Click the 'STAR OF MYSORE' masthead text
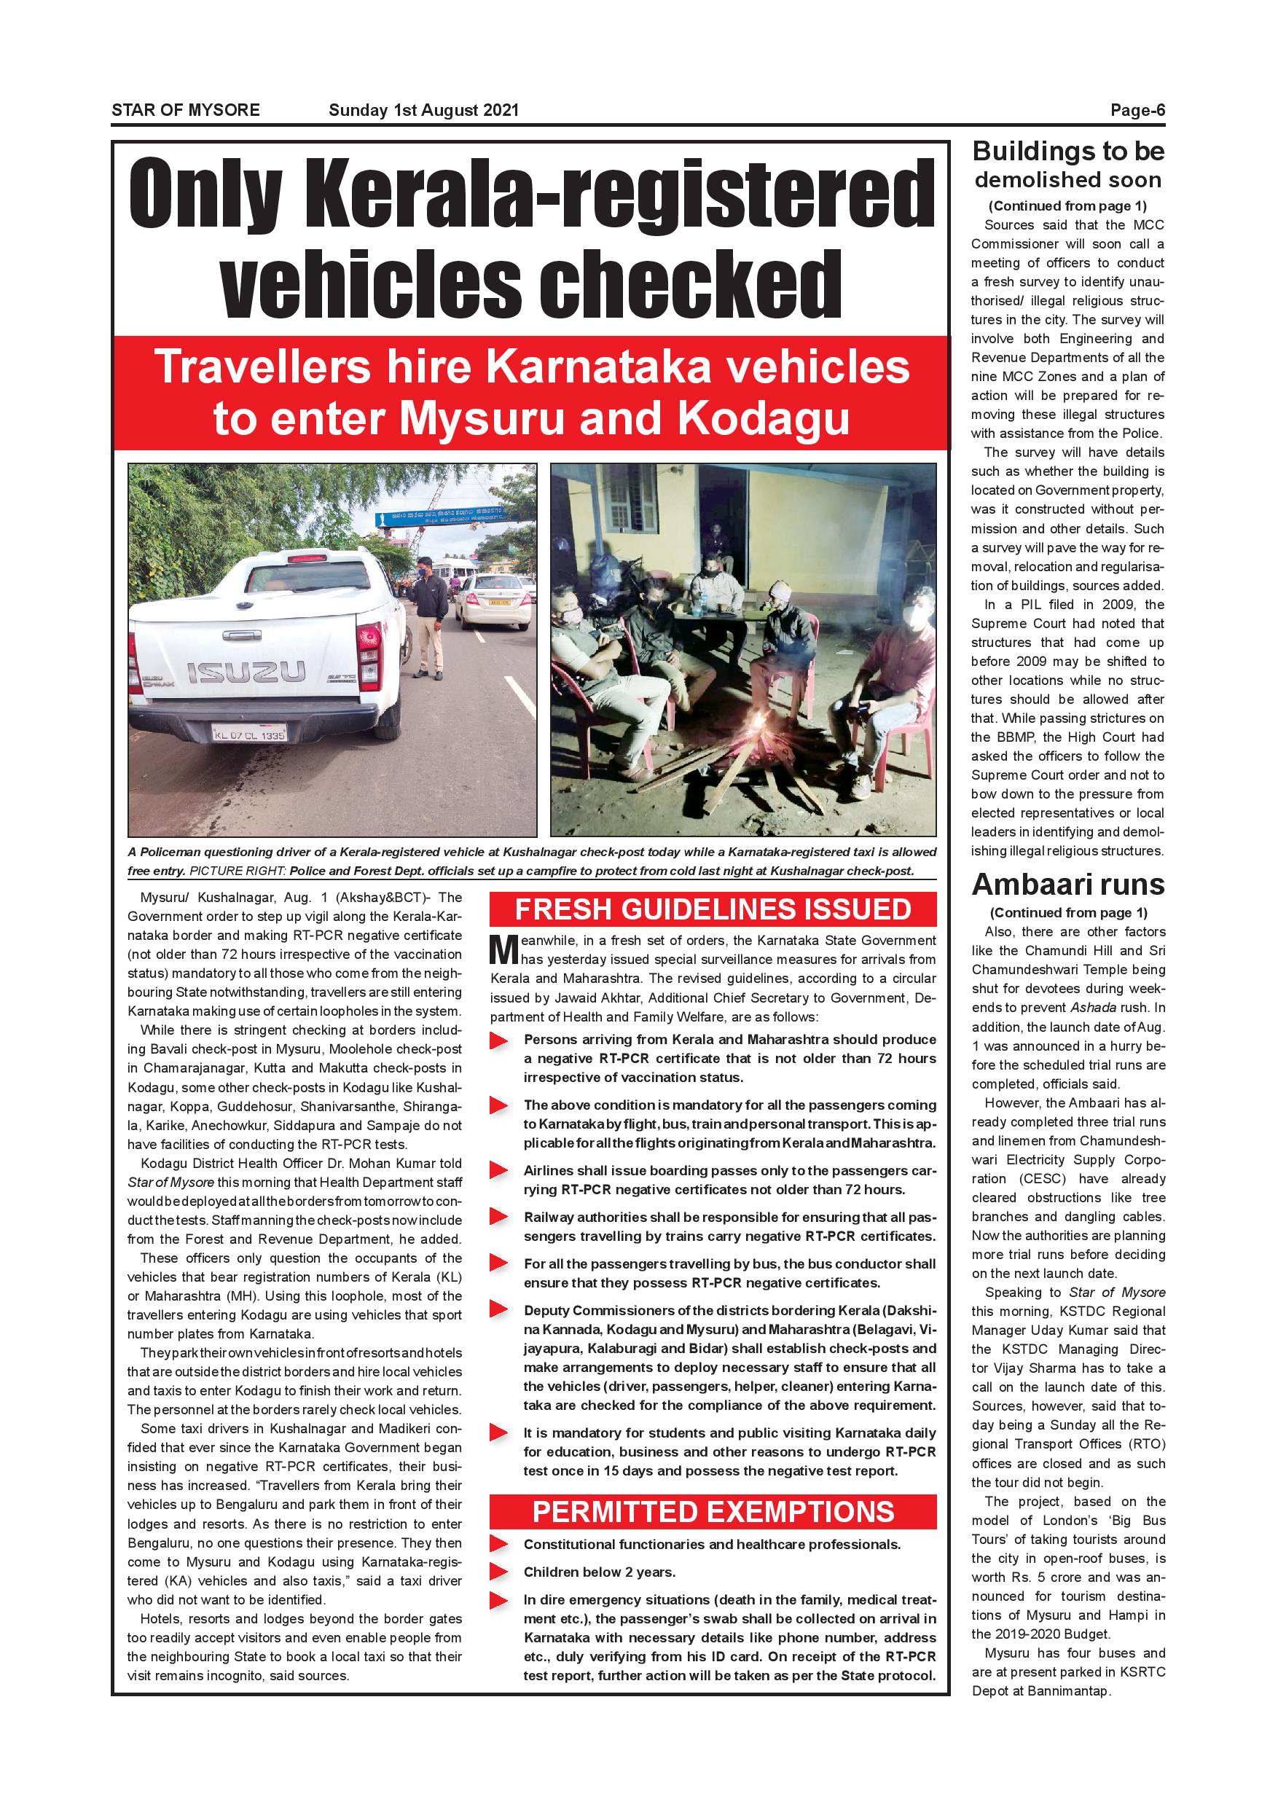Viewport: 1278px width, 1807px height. (186, 110)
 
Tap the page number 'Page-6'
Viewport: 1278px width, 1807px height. (1137, 110)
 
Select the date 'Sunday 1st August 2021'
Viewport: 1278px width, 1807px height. (423, 110)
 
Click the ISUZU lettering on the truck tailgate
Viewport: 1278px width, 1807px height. (246, 671)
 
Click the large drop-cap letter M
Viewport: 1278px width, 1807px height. (503, 950)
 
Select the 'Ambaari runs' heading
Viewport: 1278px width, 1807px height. (1068, 885)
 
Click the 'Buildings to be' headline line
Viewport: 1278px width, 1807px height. (1068, 151)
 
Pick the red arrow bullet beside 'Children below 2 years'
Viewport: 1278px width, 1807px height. (498, 1572)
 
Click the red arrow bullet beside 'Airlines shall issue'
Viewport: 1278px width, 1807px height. (498, 1170)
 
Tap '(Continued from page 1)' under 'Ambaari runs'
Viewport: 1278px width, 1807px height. (1068, 913)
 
